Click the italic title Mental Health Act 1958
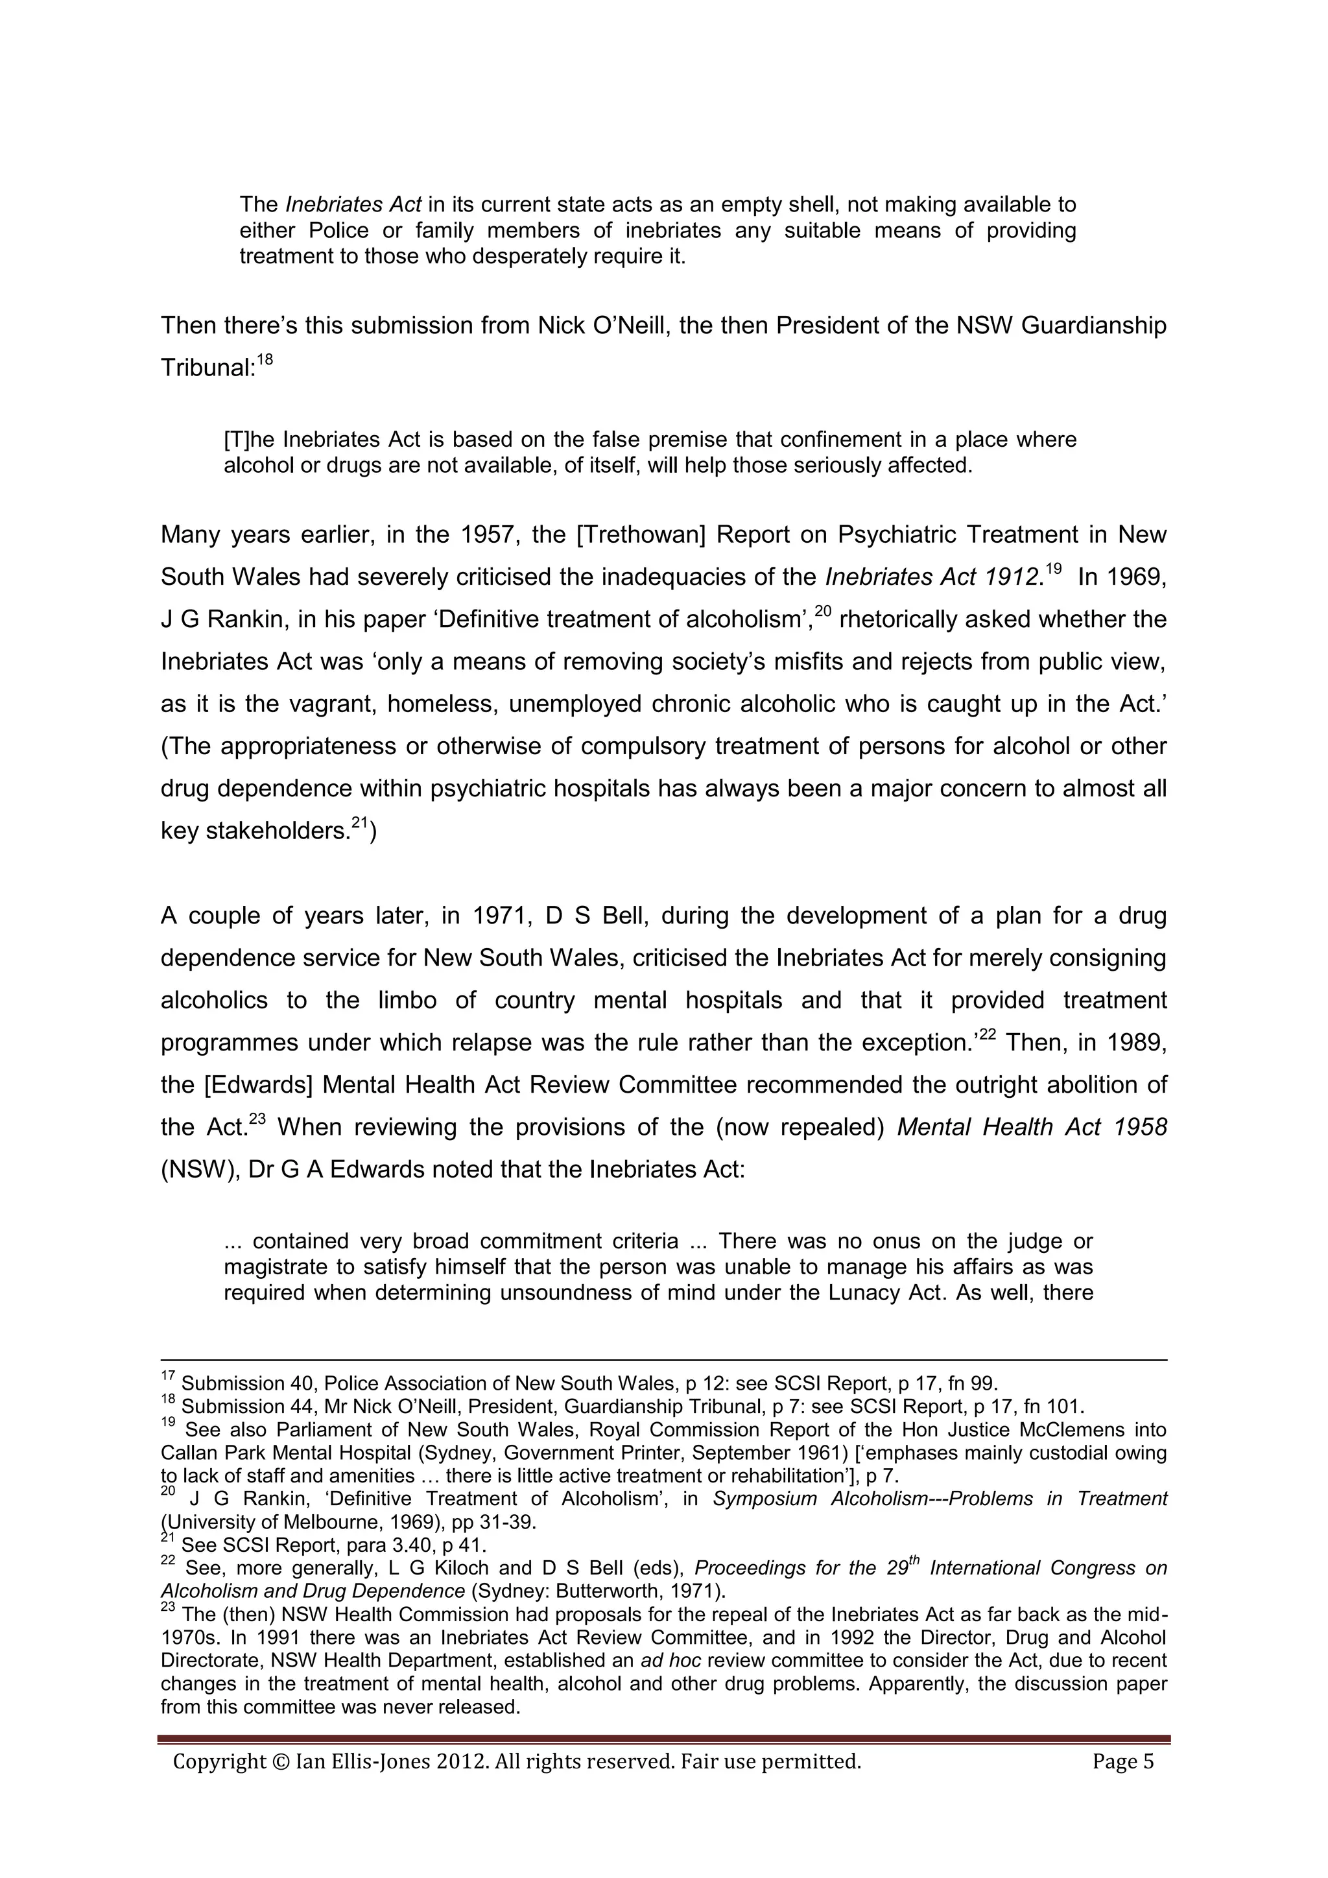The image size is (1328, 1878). [1032, 1128]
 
